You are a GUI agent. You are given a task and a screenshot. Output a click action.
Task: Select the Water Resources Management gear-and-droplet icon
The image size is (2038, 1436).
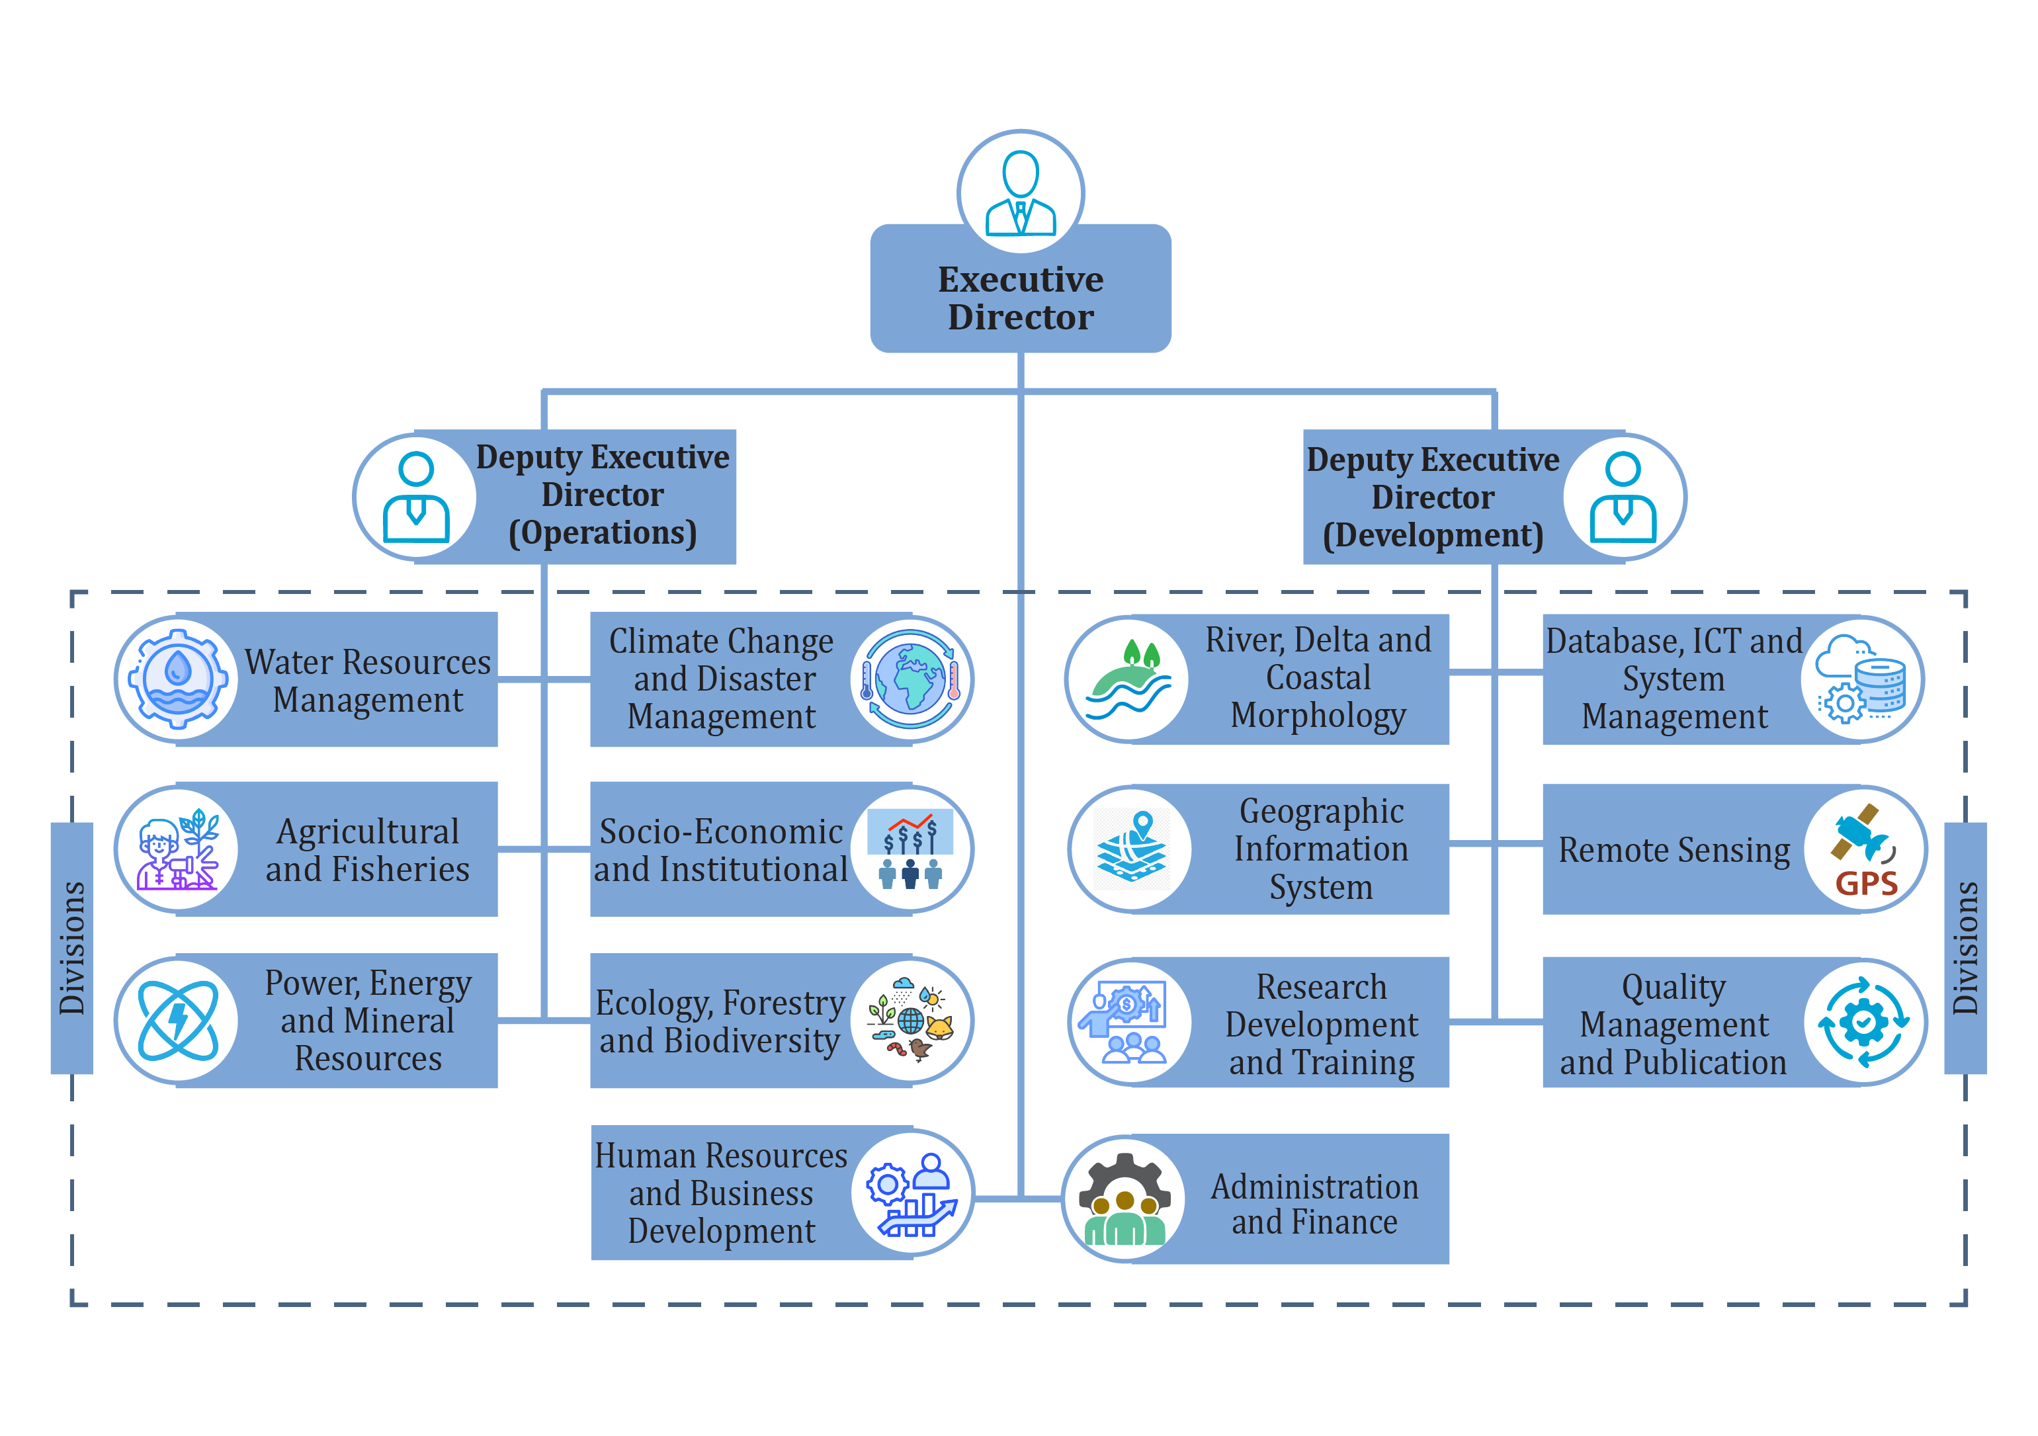[177, 679]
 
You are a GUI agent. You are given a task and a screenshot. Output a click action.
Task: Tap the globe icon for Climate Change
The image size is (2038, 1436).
[911, 679]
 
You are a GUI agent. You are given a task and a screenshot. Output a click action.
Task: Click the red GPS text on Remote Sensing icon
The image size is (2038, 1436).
[1866, 883]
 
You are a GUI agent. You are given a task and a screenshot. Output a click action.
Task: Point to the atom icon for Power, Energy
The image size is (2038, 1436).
[177, 1021]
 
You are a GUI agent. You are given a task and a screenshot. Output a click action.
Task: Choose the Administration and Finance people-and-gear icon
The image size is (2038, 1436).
[1124, 1199]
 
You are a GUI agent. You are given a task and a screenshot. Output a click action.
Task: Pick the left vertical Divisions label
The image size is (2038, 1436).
[72, 948]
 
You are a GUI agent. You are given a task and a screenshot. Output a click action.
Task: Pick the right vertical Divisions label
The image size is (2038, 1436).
[1965, 948]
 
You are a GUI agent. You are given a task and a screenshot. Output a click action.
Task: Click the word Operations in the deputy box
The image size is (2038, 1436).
[603, 532]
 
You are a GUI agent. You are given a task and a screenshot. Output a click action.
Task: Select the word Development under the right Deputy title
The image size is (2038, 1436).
[1433, 535]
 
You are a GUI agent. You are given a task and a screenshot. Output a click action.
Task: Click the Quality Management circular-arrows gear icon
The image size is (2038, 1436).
[1864, 1021]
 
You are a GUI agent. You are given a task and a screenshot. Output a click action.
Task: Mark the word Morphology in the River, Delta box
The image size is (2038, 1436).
[1318, 715]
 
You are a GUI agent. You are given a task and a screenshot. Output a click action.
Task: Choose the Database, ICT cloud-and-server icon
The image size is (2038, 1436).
[1861, 679]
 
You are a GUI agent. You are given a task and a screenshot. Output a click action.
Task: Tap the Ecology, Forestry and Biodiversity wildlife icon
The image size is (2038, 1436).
[911, 1021]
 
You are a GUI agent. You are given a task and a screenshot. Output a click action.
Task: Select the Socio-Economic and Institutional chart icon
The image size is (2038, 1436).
[911, 849]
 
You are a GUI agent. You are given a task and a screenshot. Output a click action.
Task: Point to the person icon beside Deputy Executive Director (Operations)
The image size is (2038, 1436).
[415, 497]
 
